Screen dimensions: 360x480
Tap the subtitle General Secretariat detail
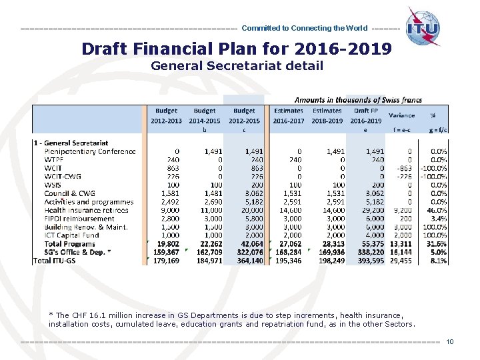pyautogui.click(x=237, y=65)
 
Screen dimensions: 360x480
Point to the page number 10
pyautogui.click(x=450, y=342)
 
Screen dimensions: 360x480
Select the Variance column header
pyautogui.click(x=401, y=115)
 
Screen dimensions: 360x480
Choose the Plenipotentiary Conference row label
pyautogui.click(x=90, y=151)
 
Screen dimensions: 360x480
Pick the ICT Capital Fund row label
pyautogui.click(x=71, y=235)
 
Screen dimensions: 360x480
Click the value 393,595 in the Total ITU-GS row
pyautogui.click(x=371, y=261)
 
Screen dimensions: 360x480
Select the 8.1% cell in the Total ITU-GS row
pyautogui.click(x=438, y=261)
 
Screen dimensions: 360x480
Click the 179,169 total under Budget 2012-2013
pyautogui.click(x=165, y=261)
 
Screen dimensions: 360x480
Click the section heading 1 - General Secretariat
pyautogui.click(x=71, y=143)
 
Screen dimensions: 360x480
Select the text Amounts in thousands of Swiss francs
pyautogui.click(x=358, y=99)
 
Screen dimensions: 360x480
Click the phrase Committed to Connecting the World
pyautogui.click(x=304, y=29)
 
